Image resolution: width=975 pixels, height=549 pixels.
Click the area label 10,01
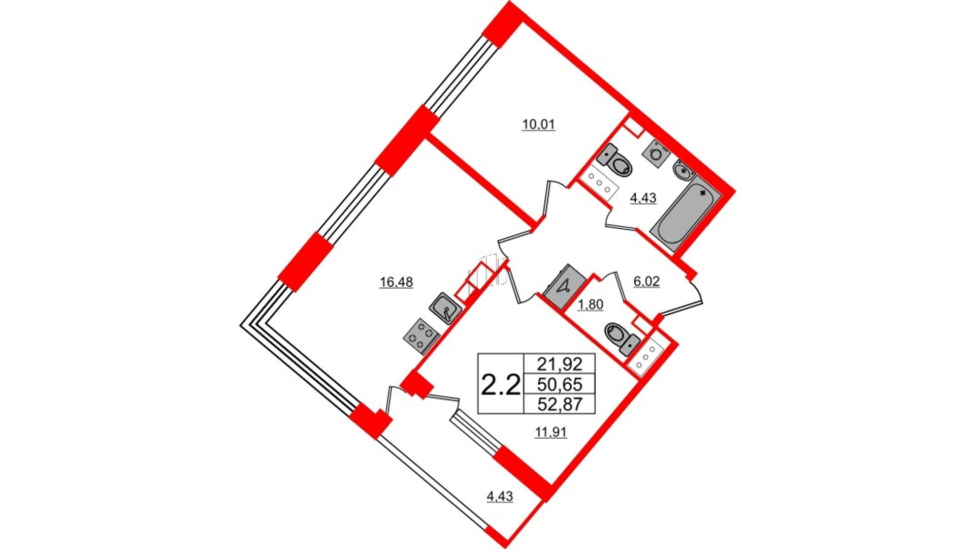[539, 125]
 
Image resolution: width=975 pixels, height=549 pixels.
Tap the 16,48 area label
[397, 282]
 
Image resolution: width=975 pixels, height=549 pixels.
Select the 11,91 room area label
[551, 433]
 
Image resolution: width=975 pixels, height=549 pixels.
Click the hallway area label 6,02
[646, 282]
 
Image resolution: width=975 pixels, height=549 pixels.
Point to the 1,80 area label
[591, 305]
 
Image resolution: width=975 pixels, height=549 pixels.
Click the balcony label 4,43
[500, 496]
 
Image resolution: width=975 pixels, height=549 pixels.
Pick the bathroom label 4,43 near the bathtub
[643, 198]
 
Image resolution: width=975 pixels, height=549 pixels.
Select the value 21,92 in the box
[559, 364]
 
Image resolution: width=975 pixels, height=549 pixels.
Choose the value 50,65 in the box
[559, 384]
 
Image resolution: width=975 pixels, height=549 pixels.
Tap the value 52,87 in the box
[559, 404]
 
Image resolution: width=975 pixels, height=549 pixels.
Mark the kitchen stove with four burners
[420, 335]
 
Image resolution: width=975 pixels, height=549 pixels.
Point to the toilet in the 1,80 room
[622, 339]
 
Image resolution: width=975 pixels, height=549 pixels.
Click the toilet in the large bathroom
[615, 160]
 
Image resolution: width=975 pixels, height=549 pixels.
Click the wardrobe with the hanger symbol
[565, 288]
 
